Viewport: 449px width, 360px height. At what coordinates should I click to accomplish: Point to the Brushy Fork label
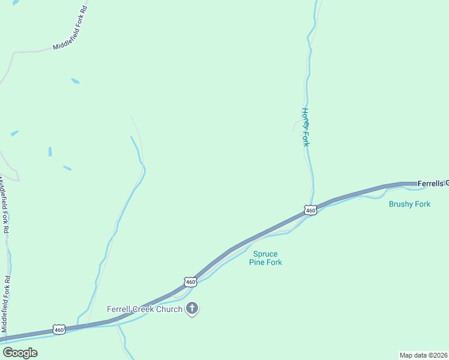pyautogui.click(x=409, y=204)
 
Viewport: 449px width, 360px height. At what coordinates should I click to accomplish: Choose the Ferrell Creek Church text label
pyautogui.click(x=145, y=309)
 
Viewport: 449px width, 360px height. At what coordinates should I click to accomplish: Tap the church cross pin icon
pyautogui.click(x=192, y=309)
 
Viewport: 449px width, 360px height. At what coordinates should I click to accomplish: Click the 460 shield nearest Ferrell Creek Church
pyautogui.click(x=190, y=281)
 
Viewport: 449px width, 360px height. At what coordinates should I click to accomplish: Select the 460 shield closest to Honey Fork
pyautogui.click(x=310, y=211)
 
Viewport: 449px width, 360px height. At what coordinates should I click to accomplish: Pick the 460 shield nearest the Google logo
pyautogui.click(x=58, y=329)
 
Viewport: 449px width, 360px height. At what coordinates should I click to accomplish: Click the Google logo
pyautogui.click(x=20, y=353)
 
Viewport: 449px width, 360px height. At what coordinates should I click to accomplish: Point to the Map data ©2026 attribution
pyautogui.click(x=423, y=355)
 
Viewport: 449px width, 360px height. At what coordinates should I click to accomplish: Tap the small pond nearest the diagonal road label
pyautogui.click(x=75, y=80)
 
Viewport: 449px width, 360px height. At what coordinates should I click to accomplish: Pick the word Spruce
pyautogui.click(x=266, y=254)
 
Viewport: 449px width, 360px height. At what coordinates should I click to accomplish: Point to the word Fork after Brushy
pyautogui.click(x=423, y=204)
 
